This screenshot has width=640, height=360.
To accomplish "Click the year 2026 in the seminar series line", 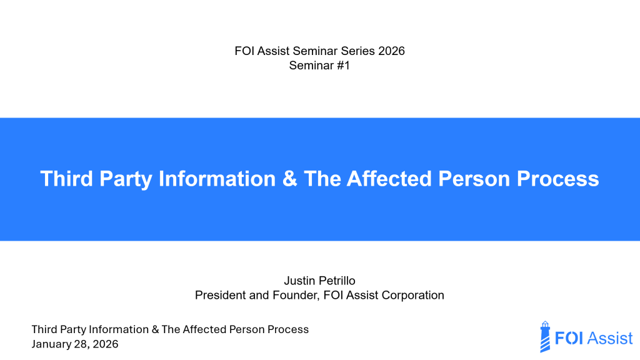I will [x=391, y=51].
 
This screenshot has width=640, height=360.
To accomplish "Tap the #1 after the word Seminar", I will [x=341, y=65].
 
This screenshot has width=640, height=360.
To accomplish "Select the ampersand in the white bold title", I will [x=289, y=179].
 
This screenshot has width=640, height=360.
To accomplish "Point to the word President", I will [x=220, y=295].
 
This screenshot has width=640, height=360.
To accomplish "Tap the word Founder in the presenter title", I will [x=293, y=295].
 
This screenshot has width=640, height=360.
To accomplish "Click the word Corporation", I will [x=414, y=295].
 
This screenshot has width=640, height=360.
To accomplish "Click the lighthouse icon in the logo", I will [x=545, y=337].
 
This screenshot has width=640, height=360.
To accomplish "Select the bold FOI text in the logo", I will [x=570, y=338].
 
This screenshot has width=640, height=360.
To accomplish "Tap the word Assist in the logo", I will [x=611, y=338].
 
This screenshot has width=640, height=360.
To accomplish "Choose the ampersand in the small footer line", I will [x=154, y=329].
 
